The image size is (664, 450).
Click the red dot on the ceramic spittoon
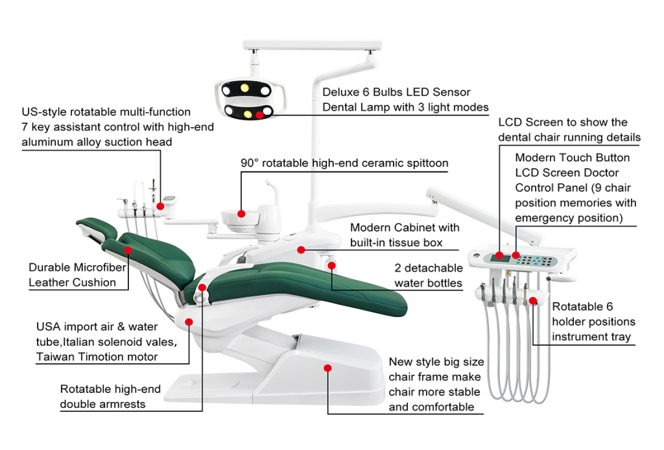coord(241,213)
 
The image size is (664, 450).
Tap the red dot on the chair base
coord(327,368)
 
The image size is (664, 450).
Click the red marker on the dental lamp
coord(259,115)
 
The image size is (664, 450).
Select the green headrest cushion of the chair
coord(96,228)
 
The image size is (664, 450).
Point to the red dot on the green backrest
coord(128,250)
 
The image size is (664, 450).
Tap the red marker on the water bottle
coord(331,265)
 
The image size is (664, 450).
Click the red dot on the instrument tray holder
coord(532,300)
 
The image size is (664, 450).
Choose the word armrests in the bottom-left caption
coord(123,404)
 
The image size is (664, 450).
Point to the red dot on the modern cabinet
coord(301,249)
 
